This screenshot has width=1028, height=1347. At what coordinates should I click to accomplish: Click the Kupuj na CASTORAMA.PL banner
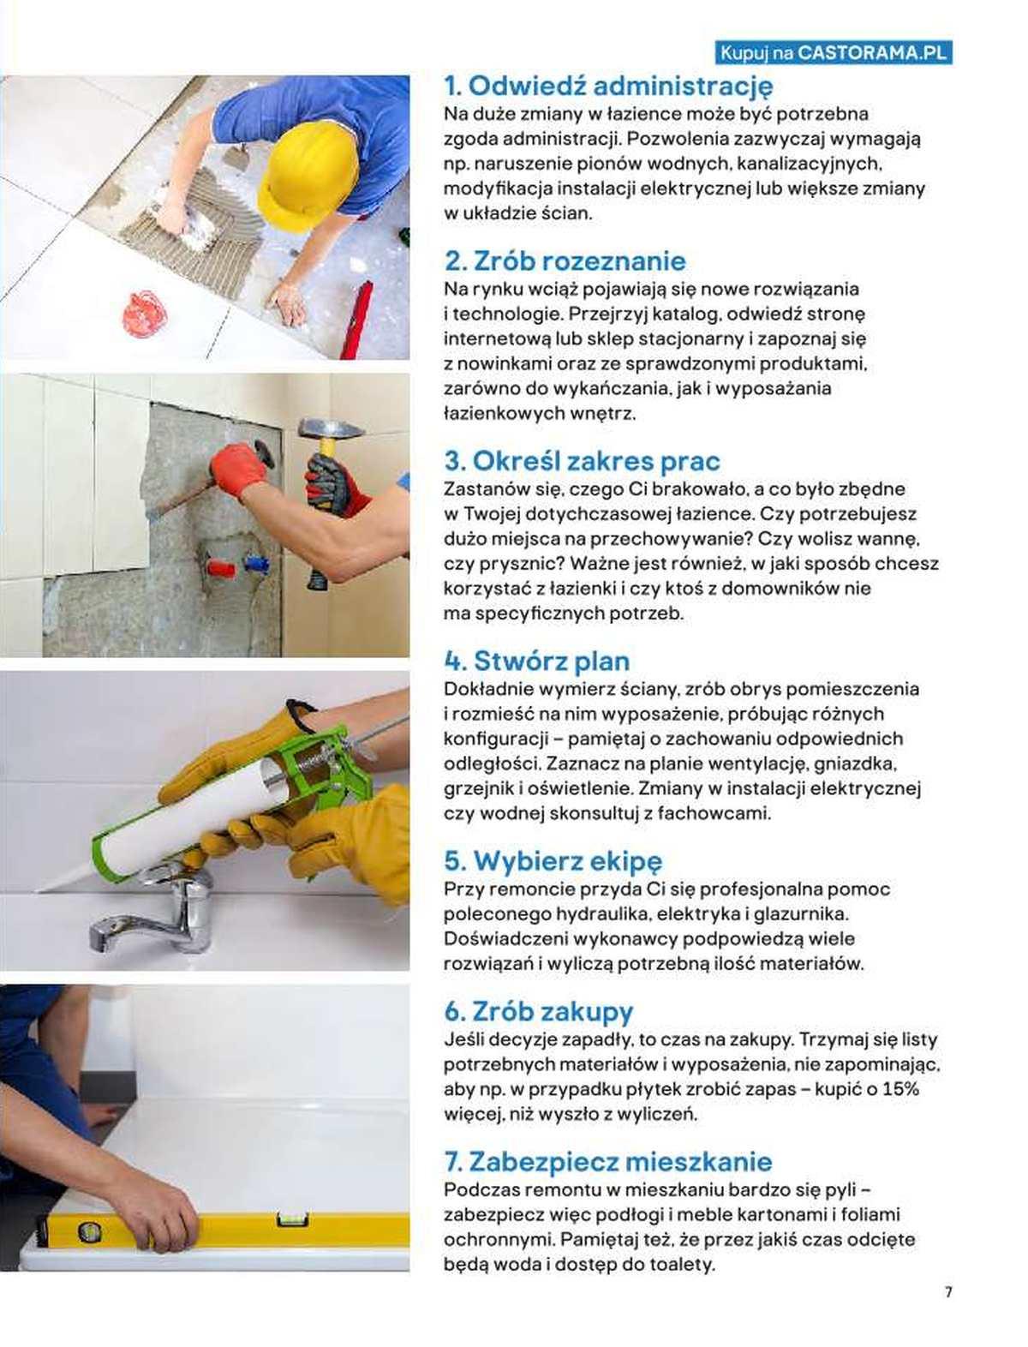click(x=833, y=53)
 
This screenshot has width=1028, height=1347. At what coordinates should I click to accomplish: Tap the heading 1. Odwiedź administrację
click(x=608, y=86)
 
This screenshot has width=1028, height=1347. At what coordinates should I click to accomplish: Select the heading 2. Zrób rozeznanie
click(x=565, y=260)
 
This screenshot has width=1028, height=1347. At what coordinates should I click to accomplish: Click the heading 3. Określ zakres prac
click(x=582, y=461)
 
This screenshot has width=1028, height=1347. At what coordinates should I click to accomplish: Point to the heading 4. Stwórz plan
click(x=537, y=661)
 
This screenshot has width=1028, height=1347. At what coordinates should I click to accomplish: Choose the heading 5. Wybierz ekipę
click(x=553, y=861)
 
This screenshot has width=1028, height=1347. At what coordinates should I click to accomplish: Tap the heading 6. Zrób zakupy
click(x=539, y=1011)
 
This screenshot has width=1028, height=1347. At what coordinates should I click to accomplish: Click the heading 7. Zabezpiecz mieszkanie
click(x=608, y=1162)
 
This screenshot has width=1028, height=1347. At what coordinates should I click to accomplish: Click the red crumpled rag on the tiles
click(x=145, y=314)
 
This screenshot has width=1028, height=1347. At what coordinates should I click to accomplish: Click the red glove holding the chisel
click(x=238, y=469)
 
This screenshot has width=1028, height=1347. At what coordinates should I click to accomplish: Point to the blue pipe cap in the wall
click(x=254, y=563)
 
